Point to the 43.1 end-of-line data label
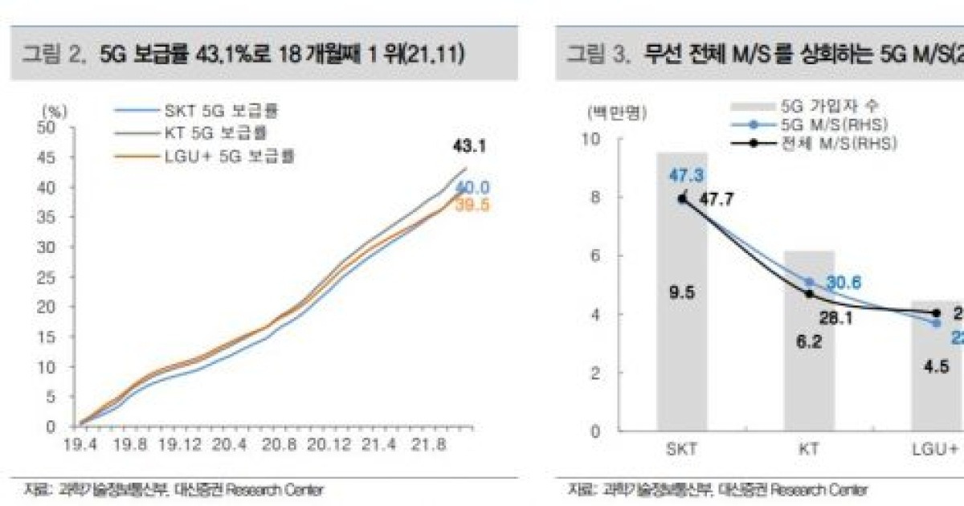(469, 147)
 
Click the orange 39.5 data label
(472, 206)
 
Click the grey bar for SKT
(682, 321)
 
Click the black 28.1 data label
(835, 318)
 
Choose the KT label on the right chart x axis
(809, 450)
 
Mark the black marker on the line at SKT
(682, 198)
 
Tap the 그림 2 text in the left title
(52, 55)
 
